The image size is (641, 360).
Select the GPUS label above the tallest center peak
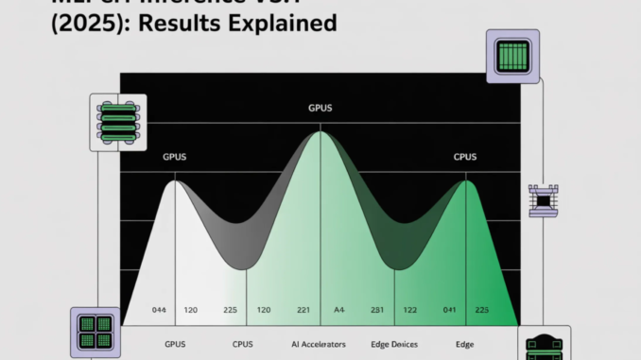point(320,109)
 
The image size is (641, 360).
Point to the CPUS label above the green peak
point(466,156)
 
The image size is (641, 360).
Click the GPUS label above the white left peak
point(175,156)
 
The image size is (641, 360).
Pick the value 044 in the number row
point(158,310)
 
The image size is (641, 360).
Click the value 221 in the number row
point(303,310)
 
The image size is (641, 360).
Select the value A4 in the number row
point(339,310)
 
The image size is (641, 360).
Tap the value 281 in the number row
point(375,310)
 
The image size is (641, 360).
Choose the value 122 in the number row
point(411,310)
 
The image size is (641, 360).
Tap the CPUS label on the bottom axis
point(242,344)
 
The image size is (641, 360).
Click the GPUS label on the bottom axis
point(175,344)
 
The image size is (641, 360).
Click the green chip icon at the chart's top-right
point(512,52)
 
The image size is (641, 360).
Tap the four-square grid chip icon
point(95,333)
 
